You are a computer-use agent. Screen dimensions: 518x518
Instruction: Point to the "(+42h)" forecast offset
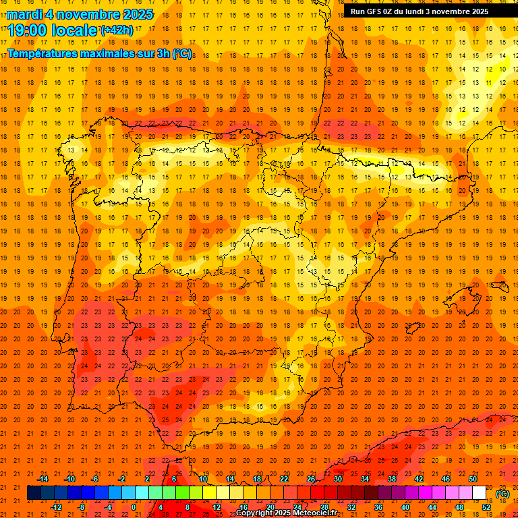pyautogui.click(x=117, y=30)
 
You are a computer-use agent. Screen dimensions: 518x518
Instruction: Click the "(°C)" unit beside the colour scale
pyautogui.click(x=502, y=494)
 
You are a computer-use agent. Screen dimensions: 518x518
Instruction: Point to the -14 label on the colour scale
pyautogui.click(x=42, y=479)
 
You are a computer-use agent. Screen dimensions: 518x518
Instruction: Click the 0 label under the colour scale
pyautogui.click(x=133, y=507)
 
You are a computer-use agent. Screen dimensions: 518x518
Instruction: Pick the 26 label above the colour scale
pyautogui.click(x=311, y=479)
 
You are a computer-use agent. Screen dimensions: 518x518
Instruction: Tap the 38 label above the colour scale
pyautogui.click(x=392, y=479)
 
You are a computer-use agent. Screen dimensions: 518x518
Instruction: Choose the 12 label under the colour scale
pyautogui.click(x=217, y=507)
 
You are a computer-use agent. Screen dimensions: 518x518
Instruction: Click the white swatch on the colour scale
pyautogui.click(x=480, y=493)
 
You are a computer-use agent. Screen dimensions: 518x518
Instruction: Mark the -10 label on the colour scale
pyautogui.click(x=69, y=479)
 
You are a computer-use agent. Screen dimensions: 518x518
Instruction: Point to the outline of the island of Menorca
pyautogui.click(x=499, y=285)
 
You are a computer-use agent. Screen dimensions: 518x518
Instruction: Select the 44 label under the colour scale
pyautogui.click(x=433, y=507)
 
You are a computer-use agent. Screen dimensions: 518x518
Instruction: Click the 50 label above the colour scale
pyautogui.click(x=473, y=479)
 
